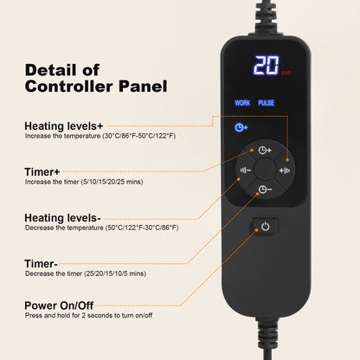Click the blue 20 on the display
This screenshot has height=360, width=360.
(267, 65)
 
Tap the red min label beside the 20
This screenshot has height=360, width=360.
(286, 73)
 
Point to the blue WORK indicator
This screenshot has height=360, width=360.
(242, 103)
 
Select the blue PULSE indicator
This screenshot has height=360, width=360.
(266, 103)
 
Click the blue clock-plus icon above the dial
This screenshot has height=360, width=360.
(241, 127)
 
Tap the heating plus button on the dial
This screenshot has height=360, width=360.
(285, 170)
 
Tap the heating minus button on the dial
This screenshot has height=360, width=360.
(245, 170)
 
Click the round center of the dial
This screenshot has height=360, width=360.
(265, 170)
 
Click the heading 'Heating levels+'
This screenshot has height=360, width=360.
(64, 126)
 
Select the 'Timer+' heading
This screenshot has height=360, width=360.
(42, 171)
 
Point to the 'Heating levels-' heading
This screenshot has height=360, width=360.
(62, 218)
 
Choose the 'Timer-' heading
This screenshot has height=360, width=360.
(41, 264)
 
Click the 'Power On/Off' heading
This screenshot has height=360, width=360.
(59, 305)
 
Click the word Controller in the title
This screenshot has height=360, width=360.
(68, 87)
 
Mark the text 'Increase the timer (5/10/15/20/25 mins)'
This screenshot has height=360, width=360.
(84, 182)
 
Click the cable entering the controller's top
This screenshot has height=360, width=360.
(266, 17)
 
